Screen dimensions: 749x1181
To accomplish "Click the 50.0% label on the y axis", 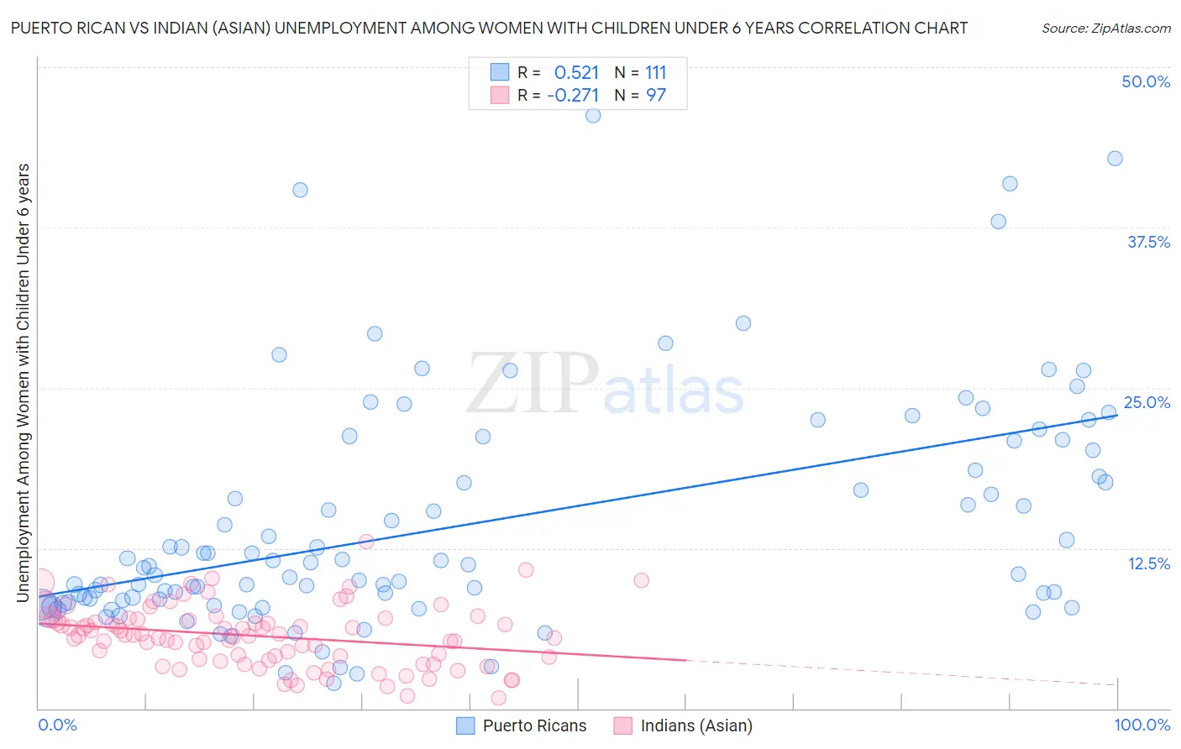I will coord(1146,82).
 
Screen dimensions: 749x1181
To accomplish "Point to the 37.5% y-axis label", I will coord(1148,243).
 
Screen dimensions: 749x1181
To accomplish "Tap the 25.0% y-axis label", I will coord(1147,403).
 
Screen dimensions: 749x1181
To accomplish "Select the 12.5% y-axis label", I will coord(1148,563).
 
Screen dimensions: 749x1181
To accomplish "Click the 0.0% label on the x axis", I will coord(57,725).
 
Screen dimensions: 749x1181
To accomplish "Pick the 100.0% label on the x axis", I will coord(1142,725).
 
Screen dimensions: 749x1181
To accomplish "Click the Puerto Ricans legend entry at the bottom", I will coord(534,725).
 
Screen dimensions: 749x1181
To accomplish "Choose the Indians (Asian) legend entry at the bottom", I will coord(696,725).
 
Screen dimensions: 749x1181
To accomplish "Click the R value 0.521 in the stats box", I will coord(576,73).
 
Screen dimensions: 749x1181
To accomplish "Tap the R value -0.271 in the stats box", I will coord(573,96).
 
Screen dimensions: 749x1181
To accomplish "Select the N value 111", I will coord(655,73).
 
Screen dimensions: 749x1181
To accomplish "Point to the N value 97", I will coord(655,96).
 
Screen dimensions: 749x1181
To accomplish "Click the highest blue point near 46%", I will coord(593,116).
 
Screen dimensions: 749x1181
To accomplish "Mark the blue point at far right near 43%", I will coord(1115,159).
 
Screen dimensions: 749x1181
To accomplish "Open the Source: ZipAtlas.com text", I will coord(1105,29).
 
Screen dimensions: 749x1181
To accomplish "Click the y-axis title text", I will coord(24,382).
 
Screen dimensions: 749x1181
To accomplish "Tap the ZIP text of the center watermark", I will coord(532,385).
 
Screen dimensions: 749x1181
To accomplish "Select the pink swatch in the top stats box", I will coord(500,95).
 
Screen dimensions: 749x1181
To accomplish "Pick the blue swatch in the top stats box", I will coord(500,72).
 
